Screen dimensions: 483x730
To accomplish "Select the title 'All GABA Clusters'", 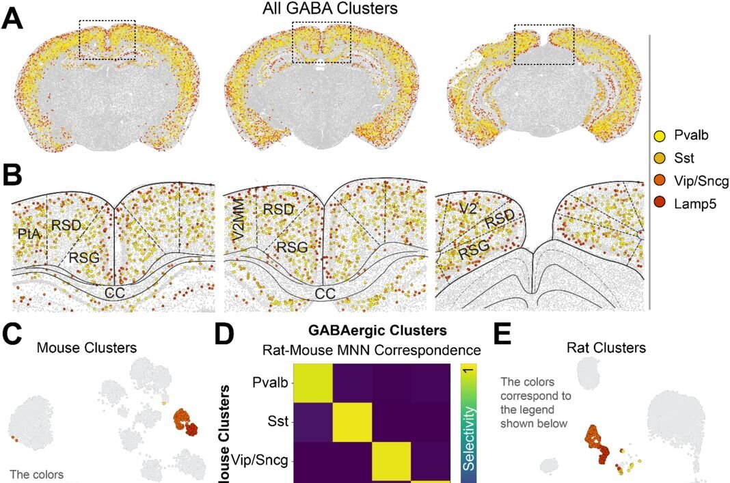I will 330,9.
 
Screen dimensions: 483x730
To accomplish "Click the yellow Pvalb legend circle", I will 660,136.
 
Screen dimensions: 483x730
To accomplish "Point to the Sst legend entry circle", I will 660,158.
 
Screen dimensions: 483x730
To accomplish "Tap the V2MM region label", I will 237,219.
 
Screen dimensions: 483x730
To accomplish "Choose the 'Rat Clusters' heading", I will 607,348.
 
